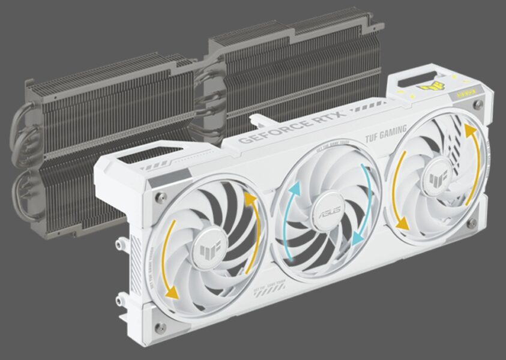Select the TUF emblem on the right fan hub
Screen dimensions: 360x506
(x=436, y=176)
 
